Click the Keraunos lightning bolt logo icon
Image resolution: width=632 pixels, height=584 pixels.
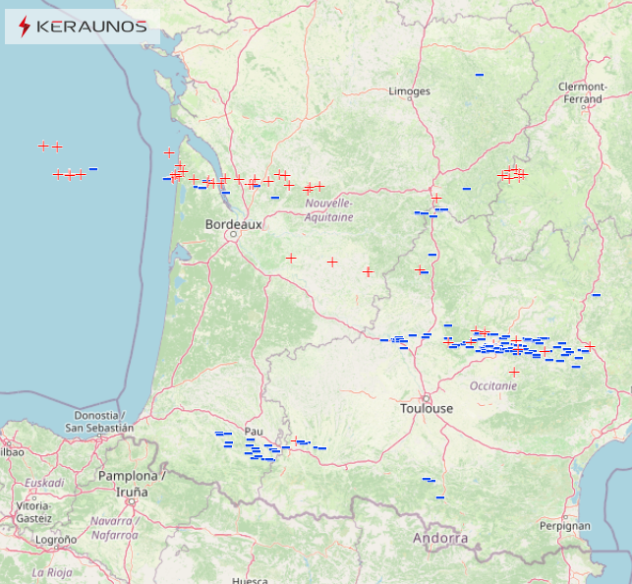[25, 27]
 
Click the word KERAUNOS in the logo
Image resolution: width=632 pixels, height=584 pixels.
[90, 27]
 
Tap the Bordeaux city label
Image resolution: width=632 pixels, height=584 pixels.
[233, 224]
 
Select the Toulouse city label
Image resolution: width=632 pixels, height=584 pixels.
[427, 408]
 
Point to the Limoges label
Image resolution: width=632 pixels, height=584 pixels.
[410, 91]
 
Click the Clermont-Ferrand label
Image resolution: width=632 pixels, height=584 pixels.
[580, 92]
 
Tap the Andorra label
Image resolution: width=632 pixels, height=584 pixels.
[439, 538]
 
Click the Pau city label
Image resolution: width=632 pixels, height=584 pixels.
[254, 431]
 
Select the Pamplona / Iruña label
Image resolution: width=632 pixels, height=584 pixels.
[132, 483]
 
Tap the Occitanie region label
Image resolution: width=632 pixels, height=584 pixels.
[493, 386]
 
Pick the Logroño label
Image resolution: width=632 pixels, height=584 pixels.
[56, 539]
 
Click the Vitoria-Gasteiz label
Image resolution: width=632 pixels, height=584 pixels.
[33, 511]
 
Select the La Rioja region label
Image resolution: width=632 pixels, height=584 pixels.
[52, 571]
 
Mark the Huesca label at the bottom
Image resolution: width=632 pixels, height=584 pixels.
[250, 579]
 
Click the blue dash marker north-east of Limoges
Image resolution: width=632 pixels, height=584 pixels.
[480, 75]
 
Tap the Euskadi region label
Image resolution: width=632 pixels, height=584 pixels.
[44, 483]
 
